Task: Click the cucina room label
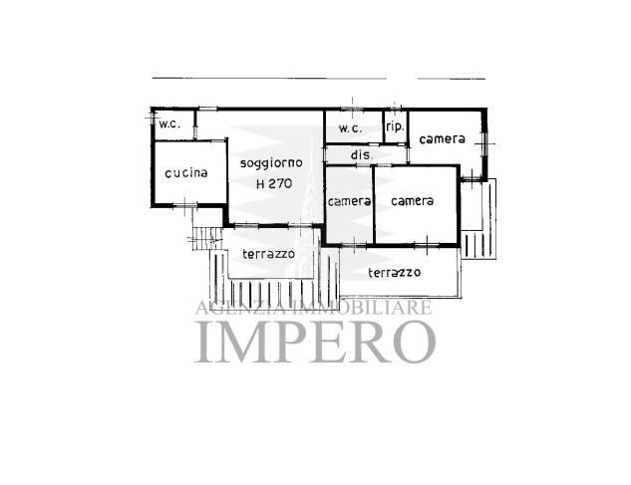pyautogui.click(x=186, y=173)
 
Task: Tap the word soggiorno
pyautogui.click(x=271, y=163)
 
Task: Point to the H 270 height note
pyautogui.click(x=274, y=184)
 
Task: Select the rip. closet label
pyautogui.click(x=395, y=126)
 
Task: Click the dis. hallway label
pyautogui.click(x=362, y=154)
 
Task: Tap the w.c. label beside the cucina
pyautogui.click(x=169, y=123)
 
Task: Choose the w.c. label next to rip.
pyautogui.click(x=351, y=128)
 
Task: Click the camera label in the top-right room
pyautogui.click(x=442, y=139)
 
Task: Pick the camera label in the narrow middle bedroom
pyautogui.click(x=349, y=201)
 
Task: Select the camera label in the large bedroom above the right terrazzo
pyautogui.click(x=412, y=201)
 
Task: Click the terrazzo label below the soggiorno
pyautogui.click(x=268, y=254)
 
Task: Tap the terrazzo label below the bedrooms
pyautogui.click(x=395, y=273)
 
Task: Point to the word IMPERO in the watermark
pyautogui.click(x=315, y=342)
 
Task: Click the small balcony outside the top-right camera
pyautogui.click(x=478, y=219)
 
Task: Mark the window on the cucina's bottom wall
pyautogui.click(x=185, y=206)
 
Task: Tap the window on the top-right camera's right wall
pyautogui.click(x=484, y=143)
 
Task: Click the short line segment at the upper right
pyautogui.click(x=452, y=79)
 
